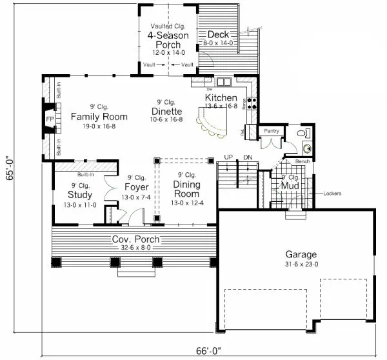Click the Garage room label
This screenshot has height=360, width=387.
297,254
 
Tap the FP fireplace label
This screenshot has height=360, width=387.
50,120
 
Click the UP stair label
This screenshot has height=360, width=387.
228,157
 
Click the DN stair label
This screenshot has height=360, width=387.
248,157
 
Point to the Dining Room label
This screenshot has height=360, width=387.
186,189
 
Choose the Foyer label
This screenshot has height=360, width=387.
136,188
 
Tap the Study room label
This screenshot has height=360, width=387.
80,195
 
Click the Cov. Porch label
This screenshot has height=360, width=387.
136,239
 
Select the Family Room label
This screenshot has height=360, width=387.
99,116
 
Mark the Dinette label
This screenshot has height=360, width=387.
166,110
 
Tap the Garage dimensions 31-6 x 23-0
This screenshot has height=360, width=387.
297,264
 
